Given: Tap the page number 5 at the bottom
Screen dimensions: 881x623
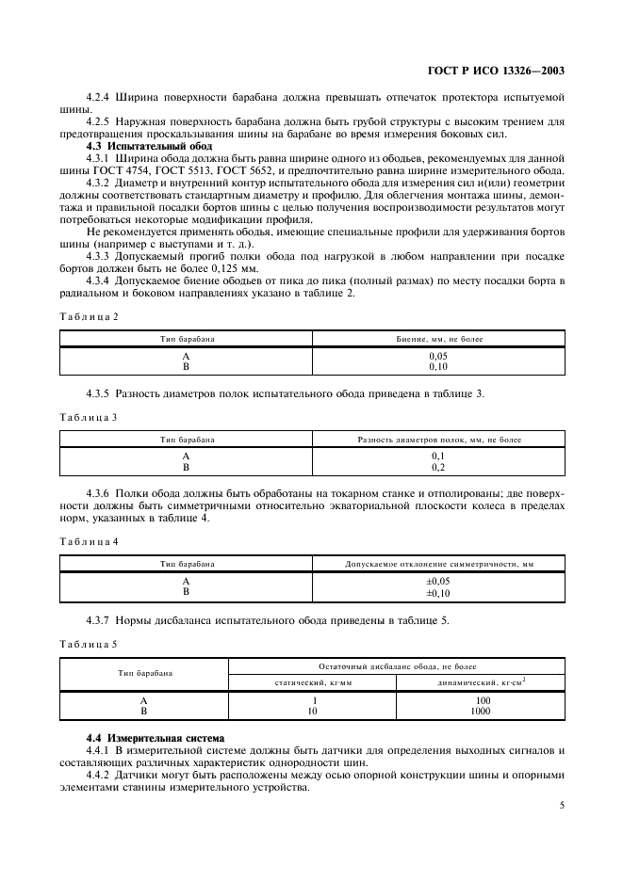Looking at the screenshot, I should [x=561, y=805].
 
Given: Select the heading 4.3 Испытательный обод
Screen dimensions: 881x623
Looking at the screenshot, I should [x=149, y=146].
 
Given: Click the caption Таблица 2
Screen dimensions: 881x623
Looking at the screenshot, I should [x=90, y=316].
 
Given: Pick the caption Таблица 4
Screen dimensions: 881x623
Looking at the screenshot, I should [x=90, y=542].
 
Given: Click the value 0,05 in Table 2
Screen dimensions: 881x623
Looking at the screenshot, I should [x=438, y=357].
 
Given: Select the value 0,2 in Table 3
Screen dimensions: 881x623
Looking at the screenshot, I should [x=438, y=467].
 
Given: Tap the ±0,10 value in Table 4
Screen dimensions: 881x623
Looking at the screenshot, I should [x=438, y=592].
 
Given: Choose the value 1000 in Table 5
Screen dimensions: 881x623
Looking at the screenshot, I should [x=484, y=712].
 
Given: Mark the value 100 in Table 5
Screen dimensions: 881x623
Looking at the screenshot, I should [x=484, y=701].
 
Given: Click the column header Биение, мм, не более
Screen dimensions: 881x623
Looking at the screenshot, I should [x=438, y=337].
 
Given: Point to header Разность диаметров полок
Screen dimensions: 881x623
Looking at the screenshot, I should [x=438, y=440].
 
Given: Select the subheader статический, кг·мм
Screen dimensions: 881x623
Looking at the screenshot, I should [x=313, y=682].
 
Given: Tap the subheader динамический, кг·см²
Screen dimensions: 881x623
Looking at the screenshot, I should [x=484, y=682].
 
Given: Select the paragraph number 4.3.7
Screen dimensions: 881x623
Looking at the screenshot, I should [x=100, y=620].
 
